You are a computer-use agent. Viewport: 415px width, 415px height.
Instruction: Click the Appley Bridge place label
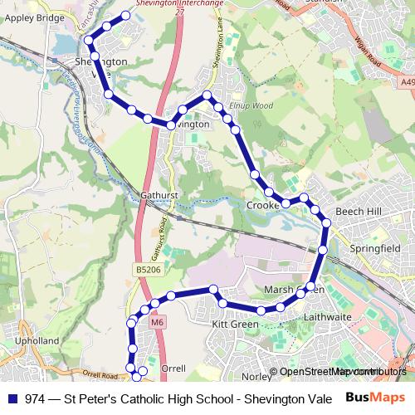click(x=34, y=16)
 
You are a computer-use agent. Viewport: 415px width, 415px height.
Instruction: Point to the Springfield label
click(x=365, y=248)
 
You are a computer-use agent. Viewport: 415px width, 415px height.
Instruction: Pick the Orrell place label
click(x=173, y=368)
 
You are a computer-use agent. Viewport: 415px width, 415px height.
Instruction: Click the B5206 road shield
click(x=145, y=271)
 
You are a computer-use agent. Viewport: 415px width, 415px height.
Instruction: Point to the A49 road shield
click(x=406, y=82)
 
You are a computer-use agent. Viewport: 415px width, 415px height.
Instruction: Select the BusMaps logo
click(x=370, y=398)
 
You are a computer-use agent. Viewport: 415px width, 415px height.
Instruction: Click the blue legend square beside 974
click(x=13, y=398)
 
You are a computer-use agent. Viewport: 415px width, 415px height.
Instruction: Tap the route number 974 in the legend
click(x=36, y=398)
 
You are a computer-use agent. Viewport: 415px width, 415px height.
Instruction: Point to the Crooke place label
click(x=263, y=205)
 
